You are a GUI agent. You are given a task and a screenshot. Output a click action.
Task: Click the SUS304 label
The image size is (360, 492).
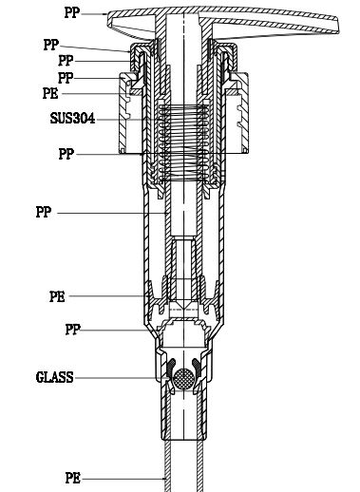(x=72, y=119)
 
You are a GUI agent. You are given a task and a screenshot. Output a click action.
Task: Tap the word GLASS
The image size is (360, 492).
(x=54, y=377)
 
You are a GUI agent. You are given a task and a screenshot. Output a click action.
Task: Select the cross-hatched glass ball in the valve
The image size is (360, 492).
(x=183, y=378)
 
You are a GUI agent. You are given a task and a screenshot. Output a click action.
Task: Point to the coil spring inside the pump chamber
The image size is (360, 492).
(x=183, y=143)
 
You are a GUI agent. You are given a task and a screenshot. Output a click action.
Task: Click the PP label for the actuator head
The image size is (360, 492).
(x=72, y=12)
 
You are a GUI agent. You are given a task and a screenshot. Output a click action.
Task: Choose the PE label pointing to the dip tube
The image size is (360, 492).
(x=73, y=478)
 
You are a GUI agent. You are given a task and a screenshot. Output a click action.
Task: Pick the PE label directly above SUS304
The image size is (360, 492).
(x=50, y=93)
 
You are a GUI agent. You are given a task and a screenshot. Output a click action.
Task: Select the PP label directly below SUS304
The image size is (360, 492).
(x=66, y=154)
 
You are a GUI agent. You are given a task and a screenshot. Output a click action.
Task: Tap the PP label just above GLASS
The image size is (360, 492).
(x=73, y=330)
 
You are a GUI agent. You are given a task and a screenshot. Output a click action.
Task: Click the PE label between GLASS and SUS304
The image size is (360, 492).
(x=57, y=296)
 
